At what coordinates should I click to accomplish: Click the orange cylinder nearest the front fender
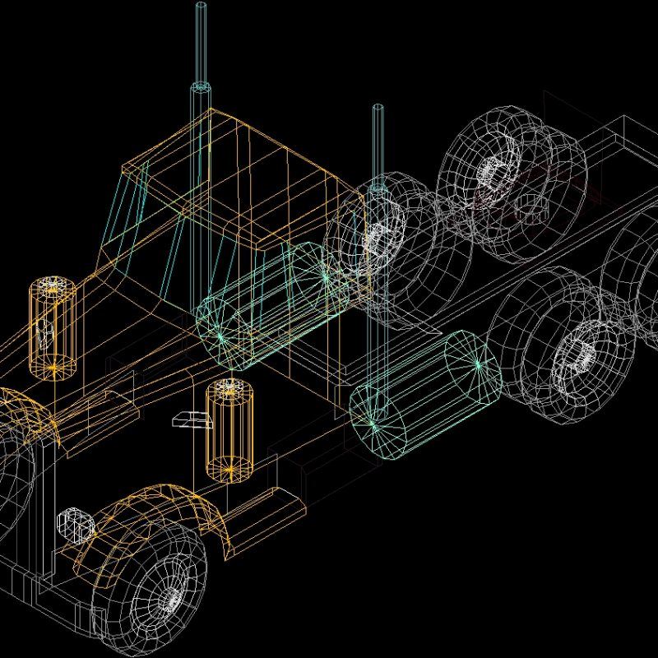(x=229, y=429)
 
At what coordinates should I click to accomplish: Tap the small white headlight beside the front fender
(x=72, y=524)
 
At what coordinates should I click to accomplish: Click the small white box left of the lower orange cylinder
(x=191, y=421)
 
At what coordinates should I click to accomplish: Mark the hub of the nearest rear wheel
(x=576, y=354)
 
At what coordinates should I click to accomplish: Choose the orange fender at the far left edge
(x=21, y=411)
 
